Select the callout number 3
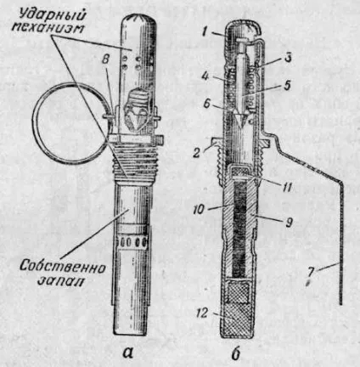coord(288,58)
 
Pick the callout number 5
coord(287,85)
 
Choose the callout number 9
coord(288,223)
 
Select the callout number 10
coord(200,209)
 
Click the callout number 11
coord(287,187)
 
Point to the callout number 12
coord(202,313)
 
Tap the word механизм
coord(48,27)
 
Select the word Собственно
coord(63,267)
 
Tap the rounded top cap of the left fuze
coord(139,20)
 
